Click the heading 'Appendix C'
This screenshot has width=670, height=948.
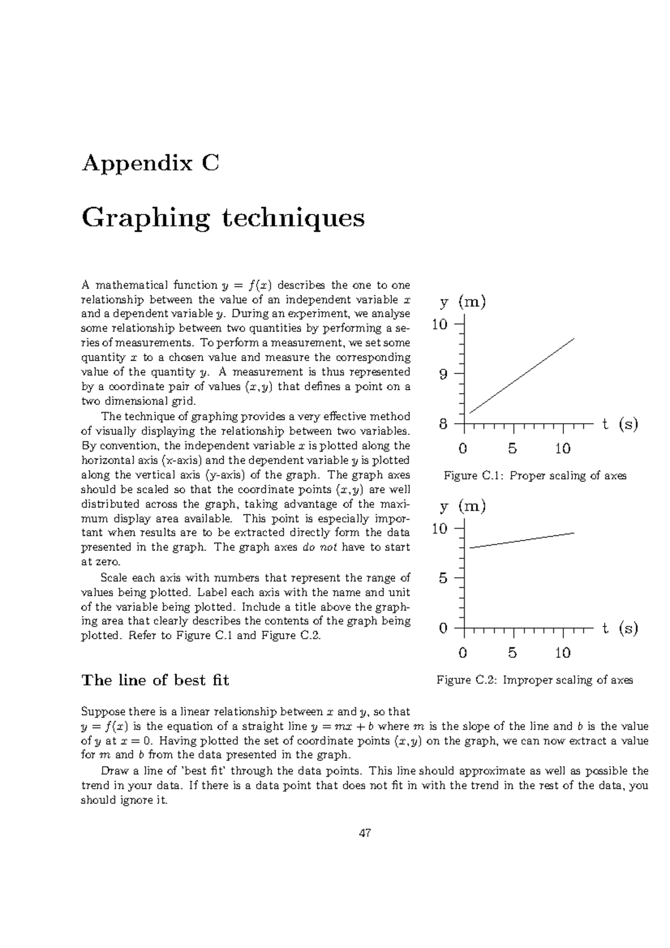tap(150, 164)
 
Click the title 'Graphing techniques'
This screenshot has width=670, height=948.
tap(223, 218)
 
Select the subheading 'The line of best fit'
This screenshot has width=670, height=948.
tap(155, 680)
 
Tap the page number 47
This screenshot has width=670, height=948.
tap(365, 834)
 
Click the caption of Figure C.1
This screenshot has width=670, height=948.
tap(534, 476)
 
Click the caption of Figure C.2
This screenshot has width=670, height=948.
tap(534, 680)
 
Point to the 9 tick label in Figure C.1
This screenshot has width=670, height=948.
tap(443, 375)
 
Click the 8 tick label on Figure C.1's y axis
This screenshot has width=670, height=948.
tap(443, 424)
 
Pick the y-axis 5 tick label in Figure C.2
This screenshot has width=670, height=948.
tap(443, 578)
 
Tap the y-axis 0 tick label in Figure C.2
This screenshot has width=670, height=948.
tap(443, 629)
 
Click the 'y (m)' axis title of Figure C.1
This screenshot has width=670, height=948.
tap(463, 303)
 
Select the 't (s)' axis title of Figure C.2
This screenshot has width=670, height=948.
tap(620, 629)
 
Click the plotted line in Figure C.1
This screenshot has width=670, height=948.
tap(522, 376)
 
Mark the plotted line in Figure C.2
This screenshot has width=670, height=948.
tap(522, 540)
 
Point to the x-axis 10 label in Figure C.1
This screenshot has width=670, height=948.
tap(562, 448)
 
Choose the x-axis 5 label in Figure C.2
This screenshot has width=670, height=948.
tap(513, 653)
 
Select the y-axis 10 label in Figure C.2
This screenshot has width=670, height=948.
tap(440, 529)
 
